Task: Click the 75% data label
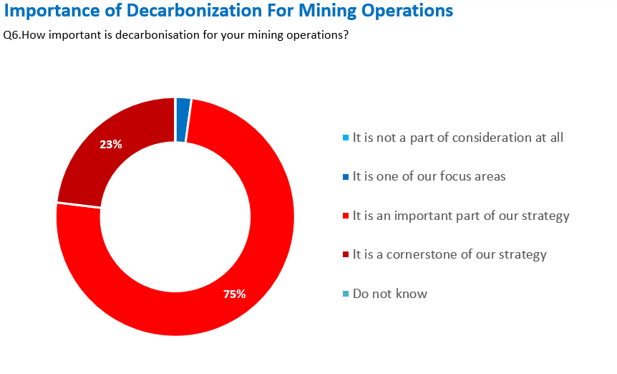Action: click(x=235, y=294)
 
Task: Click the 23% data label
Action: click(x=111, y=144)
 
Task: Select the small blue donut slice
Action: click(x=183, y=120)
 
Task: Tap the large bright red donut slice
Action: click(x=236, y=272)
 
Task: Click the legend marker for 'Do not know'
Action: click(x=346, y=294)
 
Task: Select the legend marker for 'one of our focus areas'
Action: click(x=346, y=176)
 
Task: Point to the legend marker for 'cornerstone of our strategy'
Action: click(x=346, y=254)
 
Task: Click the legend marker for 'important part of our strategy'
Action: click(x=346, y=216)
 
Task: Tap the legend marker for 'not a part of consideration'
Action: click(x=346, y=138)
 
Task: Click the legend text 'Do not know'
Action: click(x=390, y=294)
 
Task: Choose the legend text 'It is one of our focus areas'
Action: click(x=429, y=176)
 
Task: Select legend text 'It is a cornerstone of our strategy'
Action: click(x=450, y=254)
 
